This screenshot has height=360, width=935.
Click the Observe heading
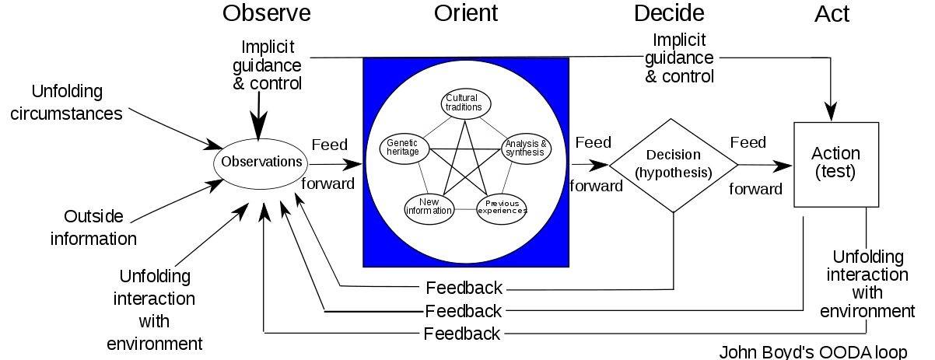point(266,13)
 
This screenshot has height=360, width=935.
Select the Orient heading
point(465,13)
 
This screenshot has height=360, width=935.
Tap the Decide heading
point(669,13)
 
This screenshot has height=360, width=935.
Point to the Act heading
point(832,14)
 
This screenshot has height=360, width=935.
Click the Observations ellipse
point(261,163)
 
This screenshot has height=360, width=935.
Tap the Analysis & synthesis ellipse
point(526,147)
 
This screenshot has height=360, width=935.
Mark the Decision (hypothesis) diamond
point(674,164)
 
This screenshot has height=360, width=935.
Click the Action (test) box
point(836,163)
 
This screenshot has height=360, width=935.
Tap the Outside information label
point(93,227)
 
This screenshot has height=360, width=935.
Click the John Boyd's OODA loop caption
point(812,351)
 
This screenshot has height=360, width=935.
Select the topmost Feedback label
point(465,288)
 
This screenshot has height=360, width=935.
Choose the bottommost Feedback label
point(462,334)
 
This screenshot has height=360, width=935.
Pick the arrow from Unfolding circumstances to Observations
point(175,128)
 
